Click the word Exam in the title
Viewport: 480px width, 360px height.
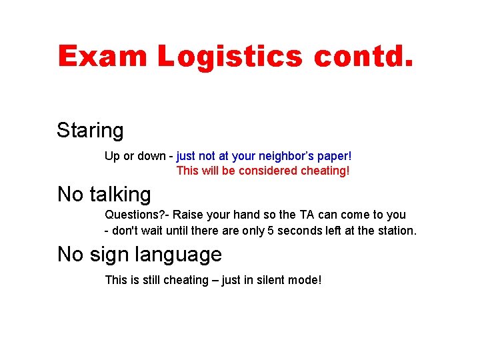102,56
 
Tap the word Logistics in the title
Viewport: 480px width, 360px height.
230,56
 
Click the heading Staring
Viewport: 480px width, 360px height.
90,131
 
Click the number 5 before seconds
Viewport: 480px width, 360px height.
269,231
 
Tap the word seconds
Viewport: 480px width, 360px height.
297,231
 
